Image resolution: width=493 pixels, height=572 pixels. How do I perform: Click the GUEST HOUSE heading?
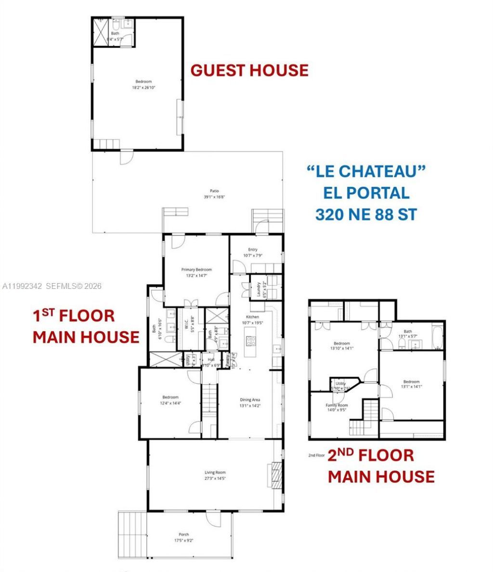click(249, 70)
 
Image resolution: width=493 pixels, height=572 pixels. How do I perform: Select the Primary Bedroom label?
click(196, 270)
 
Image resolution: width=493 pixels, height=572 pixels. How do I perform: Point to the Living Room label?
click(215, 472)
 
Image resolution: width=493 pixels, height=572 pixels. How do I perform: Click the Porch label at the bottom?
click(183, 534)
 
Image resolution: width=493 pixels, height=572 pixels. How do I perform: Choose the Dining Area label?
click(250, 400)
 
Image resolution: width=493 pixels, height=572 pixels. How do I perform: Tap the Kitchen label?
click(252, 317)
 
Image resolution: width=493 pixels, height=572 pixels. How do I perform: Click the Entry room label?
click(253, 249)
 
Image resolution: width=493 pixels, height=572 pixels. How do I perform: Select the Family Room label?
click(337, 405)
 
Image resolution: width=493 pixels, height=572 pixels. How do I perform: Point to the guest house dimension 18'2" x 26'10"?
click(143, 88)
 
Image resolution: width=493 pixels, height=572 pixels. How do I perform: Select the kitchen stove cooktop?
click(251, 341)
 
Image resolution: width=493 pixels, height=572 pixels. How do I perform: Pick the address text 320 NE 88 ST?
click(366, 214)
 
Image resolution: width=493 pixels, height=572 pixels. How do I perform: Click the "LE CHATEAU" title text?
click(366, 171)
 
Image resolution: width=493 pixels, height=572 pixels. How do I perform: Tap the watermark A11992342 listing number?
click(23, 286)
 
